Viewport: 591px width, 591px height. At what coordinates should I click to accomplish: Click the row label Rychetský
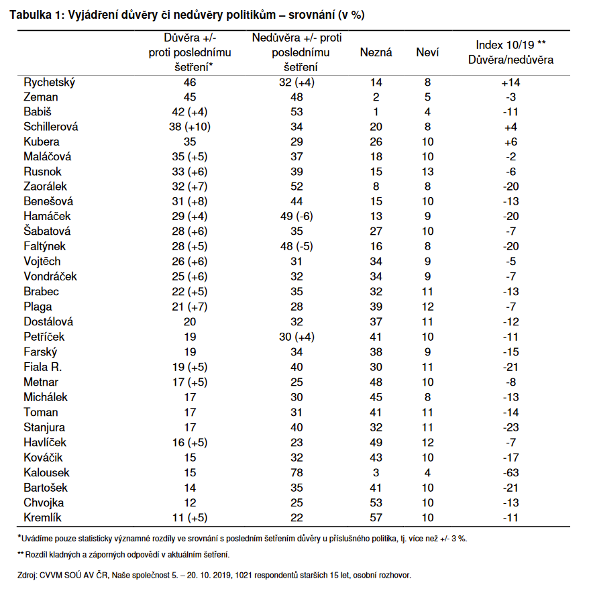point(50,83)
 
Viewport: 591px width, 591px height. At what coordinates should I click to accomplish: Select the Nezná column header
point(376,52)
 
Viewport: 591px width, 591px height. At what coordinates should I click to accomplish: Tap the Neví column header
point(427,52)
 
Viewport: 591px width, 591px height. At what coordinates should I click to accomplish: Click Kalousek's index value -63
point(511,473)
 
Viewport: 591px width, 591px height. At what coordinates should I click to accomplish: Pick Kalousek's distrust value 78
point(296,473)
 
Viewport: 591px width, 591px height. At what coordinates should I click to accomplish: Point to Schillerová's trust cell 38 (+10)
point(190,127)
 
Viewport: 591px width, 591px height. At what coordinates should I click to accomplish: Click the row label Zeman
point(41,97)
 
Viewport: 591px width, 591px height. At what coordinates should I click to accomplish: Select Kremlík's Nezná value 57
point(376,517)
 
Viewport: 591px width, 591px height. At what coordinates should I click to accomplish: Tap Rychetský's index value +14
point(511,83)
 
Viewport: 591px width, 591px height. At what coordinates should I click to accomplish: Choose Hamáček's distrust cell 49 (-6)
point(296,215)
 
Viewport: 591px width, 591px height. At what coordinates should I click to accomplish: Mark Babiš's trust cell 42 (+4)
point(190,112)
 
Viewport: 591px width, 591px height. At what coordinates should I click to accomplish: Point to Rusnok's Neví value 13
point(428,171)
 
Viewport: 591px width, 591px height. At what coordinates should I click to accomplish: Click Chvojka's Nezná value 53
point(376,502)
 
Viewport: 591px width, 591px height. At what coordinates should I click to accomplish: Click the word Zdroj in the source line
point(29,575)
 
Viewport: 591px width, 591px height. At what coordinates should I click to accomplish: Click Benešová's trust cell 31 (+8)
point(190,201)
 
